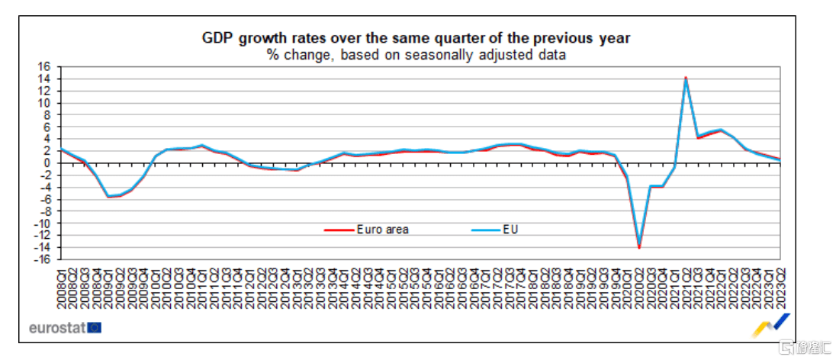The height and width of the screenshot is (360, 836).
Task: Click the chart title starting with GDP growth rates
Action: (x=416, y=38)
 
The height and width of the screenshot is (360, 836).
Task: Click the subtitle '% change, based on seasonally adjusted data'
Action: (x=416, y=54)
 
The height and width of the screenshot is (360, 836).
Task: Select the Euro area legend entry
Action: (x=382, y=229)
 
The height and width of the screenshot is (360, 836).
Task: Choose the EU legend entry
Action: (x=510, y=229)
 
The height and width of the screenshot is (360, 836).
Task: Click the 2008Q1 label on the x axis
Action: (x=61, y=286)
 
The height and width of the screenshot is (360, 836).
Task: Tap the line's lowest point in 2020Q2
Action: (x=639, y=247)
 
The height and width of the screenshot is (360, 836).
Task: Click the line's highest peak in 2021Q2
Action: (x=686, y=78)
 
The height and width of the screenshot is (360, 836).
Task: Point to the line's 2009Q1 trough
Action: (x=108, y=196)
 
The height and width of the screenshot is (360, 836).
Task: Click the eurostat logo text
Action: (x=56, y=328)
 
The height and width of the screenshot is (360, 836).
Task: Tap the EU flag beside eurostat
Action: (x=95, y=328)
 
